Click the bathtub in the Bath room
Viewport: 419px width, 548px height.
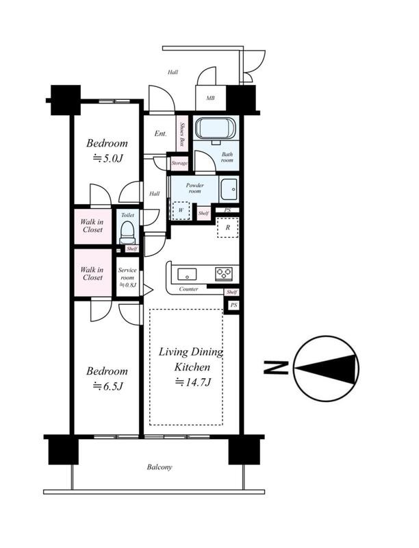coord(216,128)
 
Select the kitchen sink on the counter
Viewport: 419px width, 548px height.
coord(187,274)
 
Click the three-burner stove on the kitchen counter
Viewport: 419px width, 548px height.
coord(224,273)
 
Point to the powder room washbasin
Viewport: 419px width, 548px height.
coord(229,189)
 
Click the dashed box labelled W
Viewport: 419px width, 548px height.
coord(181,210)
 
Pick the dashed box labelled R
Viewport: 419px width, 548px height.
coord(228,227)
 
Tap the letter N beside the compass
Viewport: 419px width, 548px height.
coord(276,368)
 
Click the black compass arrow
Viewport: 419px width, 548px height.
coord(327,369)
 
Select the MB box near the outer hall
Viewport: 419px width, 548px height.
coord(211,98)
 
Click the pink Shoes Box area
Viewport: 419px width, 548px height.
coord(181,133)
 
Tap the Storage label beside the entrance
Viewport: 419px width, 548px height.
coord(179,163)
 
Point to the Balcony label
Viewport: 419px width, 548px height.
coord(160,467)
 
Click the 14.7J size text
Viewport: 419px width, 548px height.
coord(193,382)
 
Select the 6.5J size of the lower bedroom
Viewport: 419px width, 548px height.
coord(108,386)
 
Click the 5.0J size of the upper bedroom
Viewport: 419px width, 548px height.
coord(108,158)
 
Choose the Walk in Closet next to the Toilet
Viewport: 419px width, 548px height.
coord(92,226)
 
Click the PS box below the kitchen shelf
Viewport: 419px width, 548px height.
coord(233,305)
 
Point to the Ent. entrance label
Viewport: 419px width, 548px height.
coord(160,134)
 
